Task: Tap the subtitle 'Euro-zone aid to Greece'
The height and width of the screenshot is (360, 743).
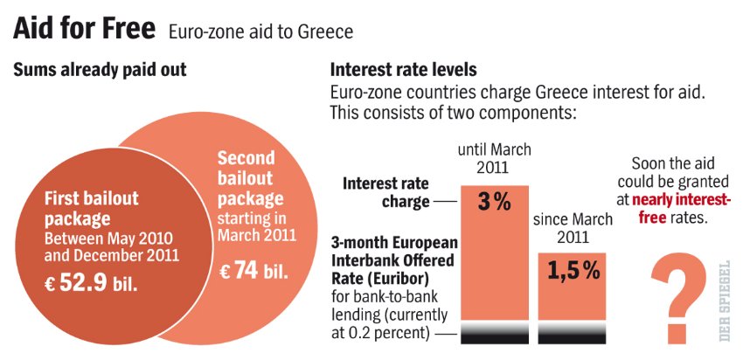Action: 260,32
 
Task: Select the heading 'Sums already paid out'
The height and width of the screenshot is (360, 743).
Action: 100,70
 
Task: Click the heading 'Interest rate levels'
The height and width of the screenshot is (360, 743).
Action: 404,70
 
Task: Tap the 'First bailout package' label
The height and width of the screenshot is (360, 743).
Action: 92,206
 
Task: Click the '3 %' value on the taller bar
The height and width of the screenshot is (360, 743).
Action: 495,202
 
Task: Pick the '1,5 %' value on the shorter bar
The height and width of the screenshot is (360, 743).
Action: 573,271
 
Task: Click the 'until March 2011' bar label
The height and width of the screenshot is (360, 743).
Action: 495,157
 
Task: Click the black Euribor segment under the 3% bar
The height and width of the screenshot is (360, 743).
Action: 495,332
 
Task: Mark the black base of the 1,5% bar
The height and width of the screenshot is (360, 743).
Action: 573,332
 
